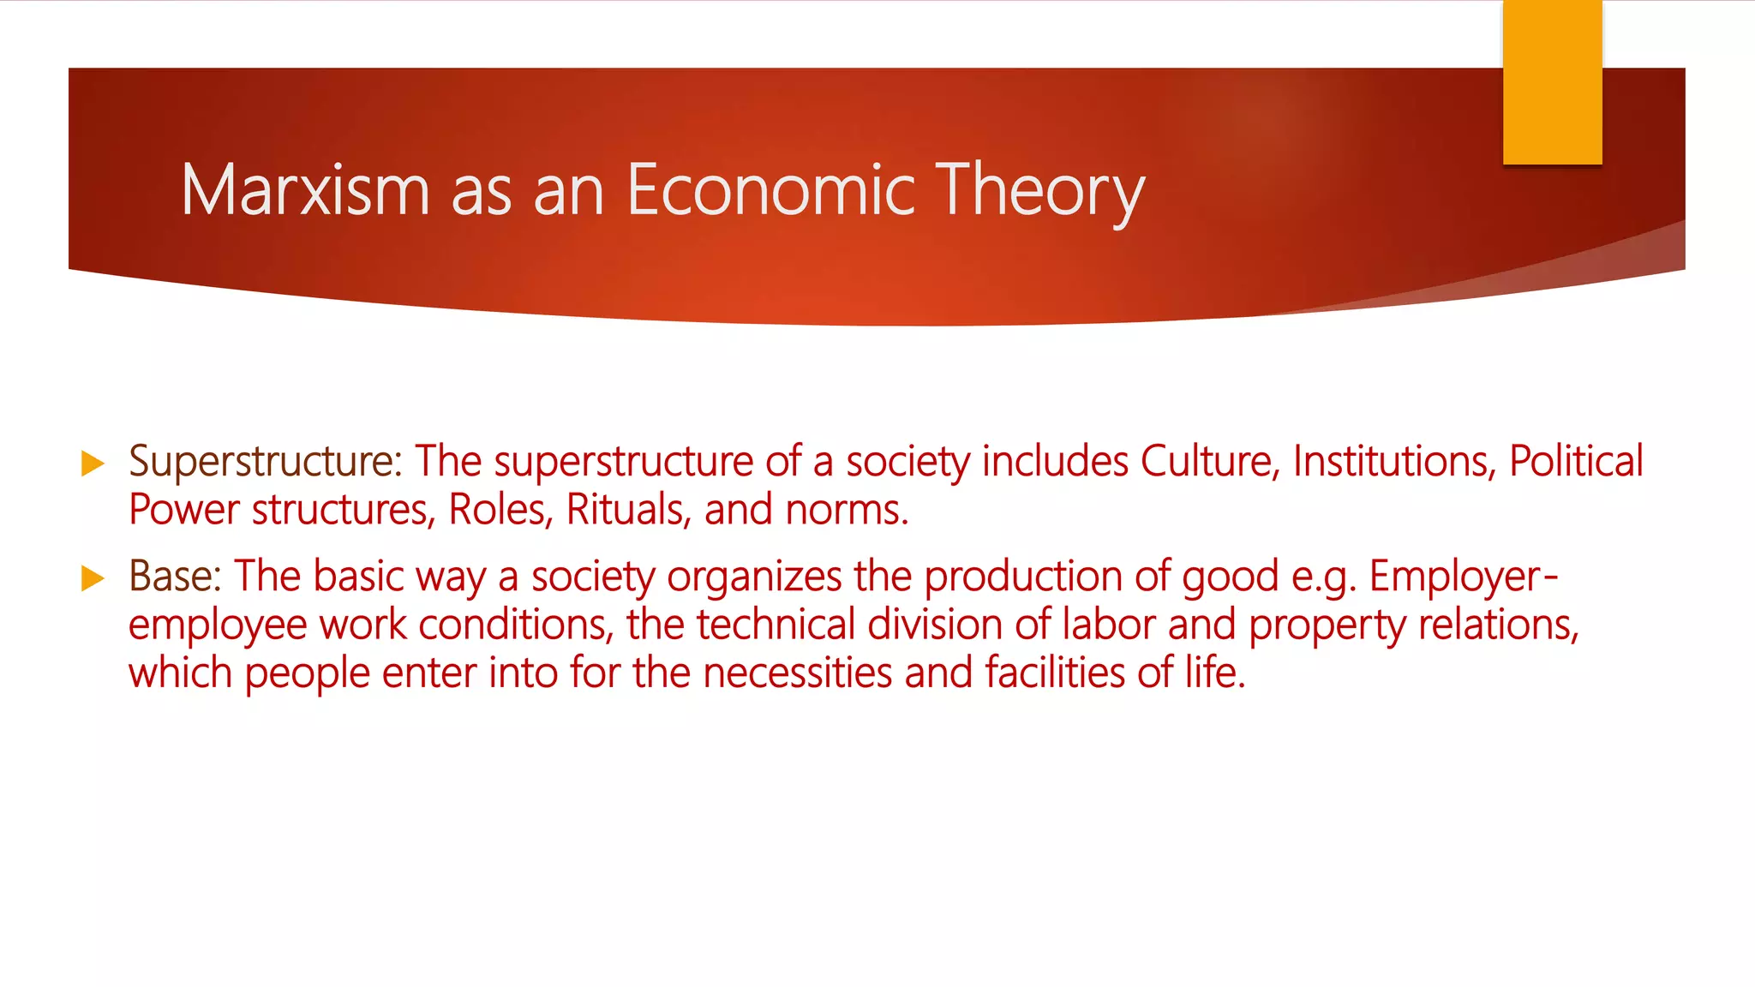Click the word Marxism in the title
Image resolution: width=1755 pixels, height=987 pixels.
pos(305,190)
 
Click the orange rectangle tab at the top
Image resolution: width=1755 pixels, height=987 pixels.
pos(1552,82)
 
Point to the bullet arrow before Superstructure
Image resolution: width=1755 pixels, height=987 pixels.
pos(93,464)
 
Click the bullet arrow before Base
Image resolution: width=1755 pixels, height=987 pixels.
pos(93,578)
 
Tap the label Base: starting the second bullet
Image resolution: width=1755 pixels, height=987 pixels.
pos(176,577)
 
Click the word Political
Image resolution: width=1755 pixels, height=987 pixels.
pos(1576,462)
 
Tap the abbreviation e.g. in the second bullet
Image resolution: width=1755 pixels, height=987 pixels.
pos(1324,577)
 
